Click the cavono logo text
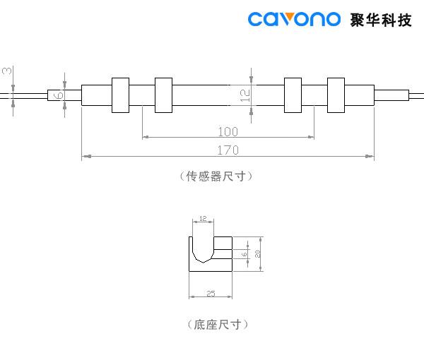[x=294, y=19]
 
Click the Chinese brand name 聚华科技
[x=381, y=19]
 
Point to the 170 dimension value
[x=228, y=150]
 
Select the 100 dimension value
[x=228, y=132]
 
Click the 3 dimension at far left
[x=6, y=71]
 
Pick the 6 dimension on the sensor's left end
[x=59, y=95]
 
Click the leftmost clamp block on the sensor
[x=121, y=95]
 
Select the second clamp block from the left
[x=163, y=95]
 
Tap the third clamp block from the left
[x=293, y=95]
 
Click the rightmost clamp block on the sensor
[x=337, y=95]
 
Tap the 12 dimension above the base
[x=203, y=220]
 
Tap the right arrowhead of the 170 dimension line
[x=371, y=155]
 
